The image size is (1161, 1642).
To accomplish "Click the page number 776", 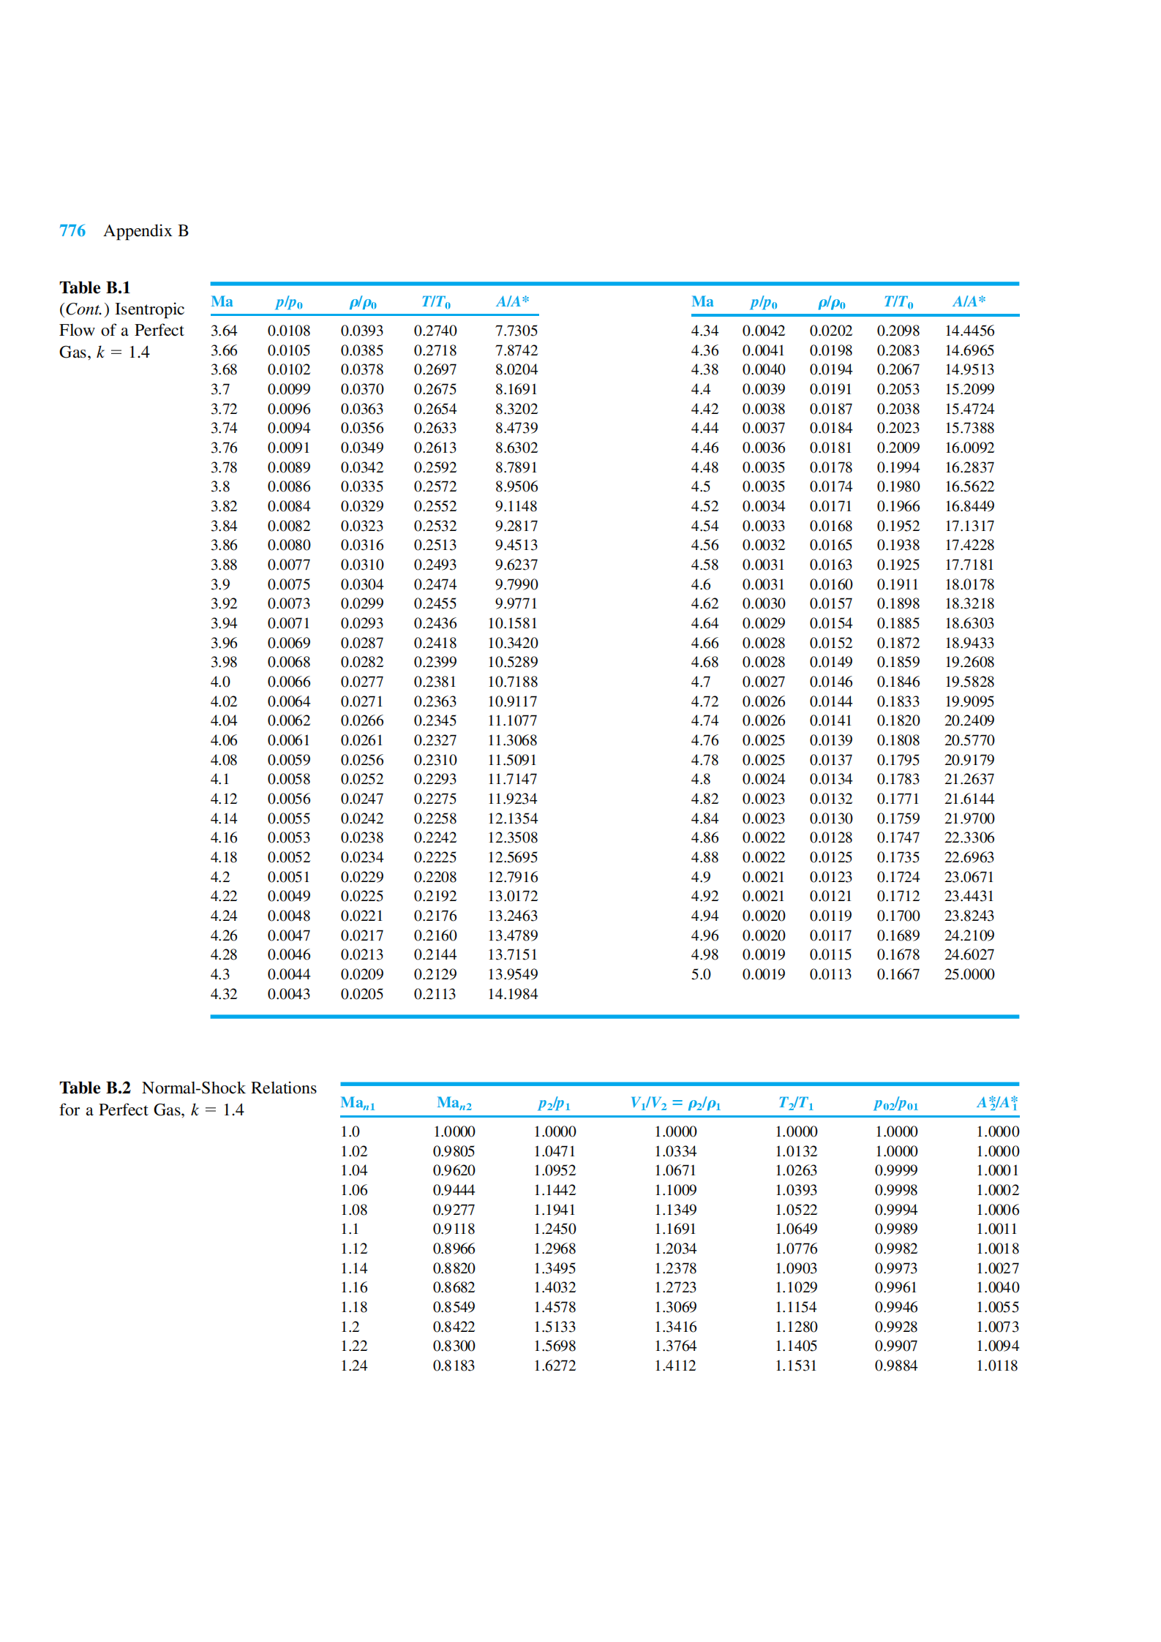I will coord(72,231).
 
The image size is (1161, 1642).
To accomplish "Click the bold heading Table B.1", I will coord(94,287).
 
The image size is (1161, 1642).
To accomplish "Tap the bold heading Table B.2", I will coord(94,1088).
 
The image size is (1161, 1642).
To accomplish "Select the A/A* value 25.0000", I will coord(969,974).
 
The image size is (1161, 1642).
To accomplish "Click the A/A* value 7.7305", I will coord(516,331).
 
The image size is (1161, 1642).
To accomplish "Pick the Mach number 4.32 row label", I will coord(223,994).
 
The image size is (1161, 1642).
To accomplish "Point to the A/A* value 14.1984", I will coord(512,994).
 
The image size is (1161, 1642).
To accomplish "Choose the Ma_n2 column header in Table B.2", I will coord(454,1103).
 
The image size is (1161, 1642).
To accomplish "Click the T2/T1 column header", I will coord(795,1103).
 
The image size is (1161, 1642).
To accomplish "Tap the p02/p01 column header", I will coord(895,1104).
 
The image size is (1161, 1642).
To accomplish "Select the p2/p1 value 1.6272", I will coord(554,1366).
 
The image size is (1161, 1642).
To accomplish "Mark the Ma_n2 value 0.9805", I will coord(454,1151).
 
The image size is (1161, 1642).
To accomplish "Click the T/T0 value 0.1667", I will coord(898,974).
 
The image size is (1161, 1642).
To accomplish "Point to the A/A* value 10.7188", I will coord(512,682).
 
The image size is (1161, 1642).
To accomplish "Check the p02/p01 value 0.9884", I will coord(895,1366).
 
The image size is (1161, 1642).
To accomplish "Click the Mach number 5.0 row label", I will coord(700,974).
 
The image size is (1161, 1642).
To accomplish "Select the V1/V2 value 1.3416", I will coord(675,1327).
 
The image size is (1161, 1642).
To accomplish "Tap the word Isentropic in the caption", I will coord(149,309).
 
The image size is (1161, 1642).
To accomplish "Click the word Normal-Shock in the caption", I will coord(193,1088).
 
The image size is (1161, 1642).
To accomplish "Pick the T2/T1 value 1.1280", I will coord(796,1327).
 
